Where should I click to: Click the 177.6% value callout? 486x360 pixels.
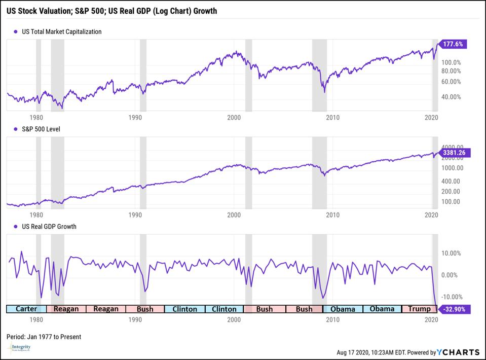point(454,44)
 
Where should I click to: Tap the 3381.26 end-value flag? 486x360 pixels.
point(455,152)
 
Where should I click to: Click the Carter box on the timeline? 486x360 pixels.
point(26,309)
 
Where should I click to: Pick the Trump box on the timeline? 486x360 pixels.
point(419,309)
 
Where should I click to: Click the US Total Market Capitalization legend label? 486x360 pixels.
point(61,31)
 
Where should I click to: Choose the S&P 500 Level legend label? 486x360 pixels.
point(41,129)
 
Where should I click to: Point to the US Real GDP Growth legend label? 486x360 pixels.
point(49,227)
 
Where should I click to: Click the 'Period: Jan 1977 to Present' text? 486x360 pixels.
point(44,337)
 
